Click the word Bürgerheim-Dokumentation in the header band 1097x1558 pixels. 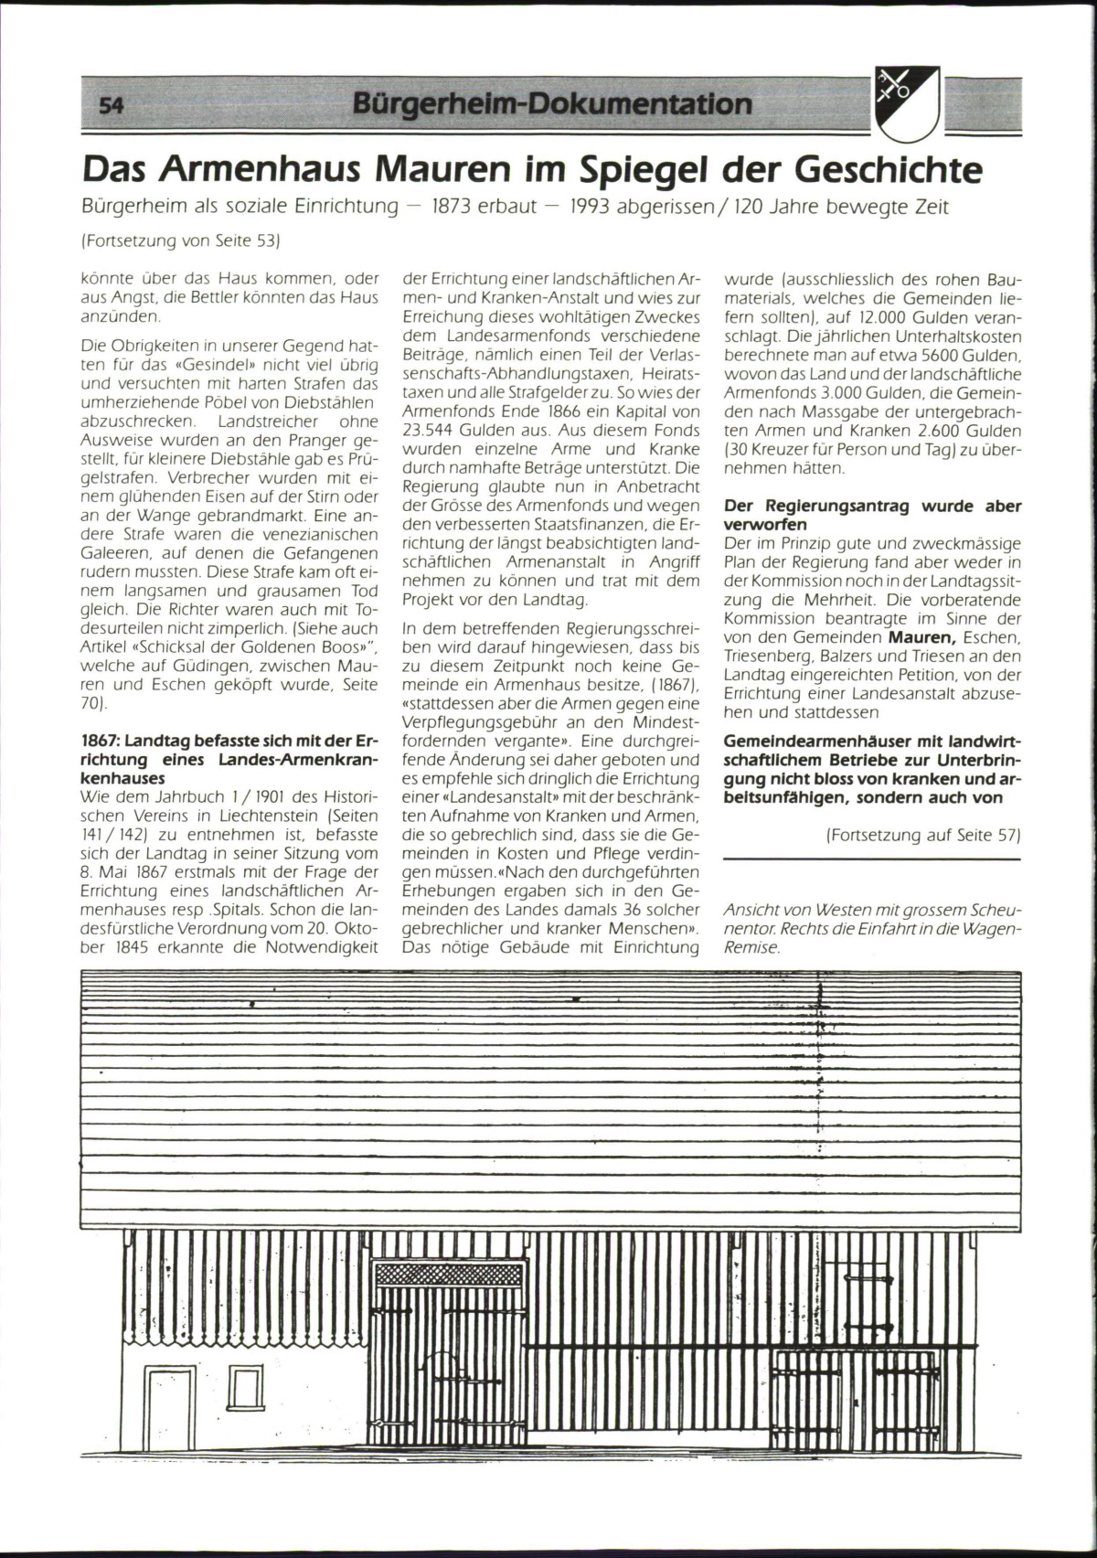(x=551, y=103)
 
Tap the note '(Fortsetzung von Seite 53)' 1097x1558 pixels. (x=179, y=241)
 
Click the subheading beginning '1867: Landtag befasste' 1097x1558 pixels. (x=229, y=759)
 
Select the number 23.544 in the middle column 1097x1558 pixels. (x=433, y=430)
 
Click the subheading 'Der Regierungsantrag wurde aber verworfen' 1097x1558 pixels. (x=872, y=515)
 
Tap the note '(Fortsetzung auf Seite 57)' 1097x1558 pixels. (x=922, y=835)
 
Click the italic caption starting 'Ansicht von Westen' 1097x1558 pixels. (x=871, y=929)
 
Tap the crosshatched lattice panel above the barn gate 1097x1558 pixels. (x=449, y=1273)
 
